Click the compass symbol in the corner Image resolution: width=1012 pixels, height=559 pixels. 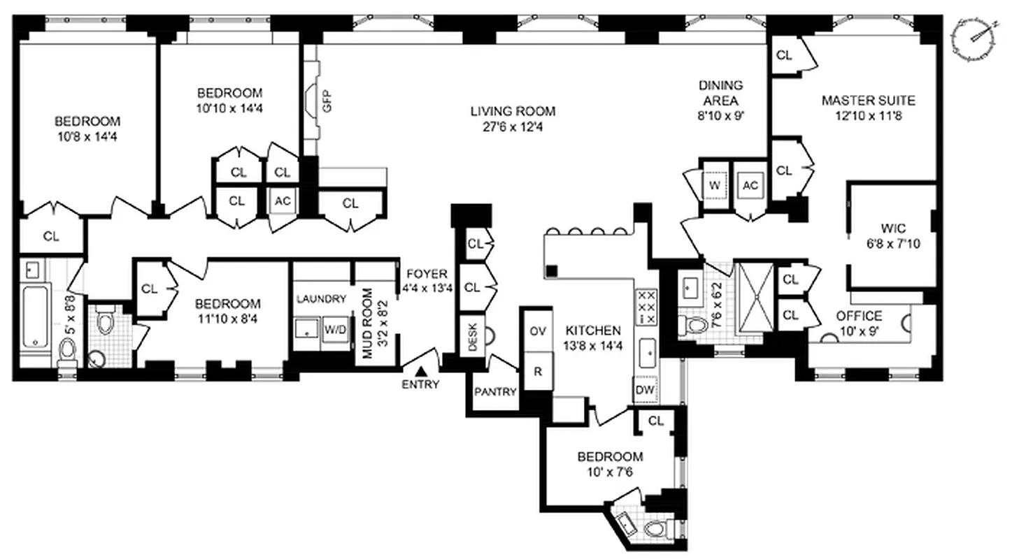pos(974,40)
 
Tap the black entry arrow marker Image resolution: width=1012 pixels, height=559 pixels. pos(421,372)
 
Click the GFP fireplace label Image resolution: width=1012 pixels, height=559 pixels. pos(327,102)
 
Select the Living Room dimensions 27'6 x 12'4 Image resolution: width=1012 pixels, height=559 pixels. pos(513,127)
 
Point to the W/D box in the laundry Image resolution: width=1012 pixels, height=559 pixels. pos(334,330)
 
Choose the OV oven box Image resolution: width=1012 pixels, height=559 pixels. pos(537,330)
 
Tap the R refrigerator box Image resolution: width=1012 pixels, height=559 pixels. pos(537,372)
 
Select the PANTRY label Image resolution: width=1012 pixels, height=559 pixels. pos(494,392)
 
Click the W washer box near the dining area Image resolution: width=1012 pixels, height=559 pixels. pos(715,185)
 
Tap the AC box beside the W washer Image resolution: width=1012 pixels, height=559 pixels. pos(750,185)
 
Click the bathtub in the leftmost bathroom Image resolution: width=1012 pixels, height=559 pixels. pos(35,317)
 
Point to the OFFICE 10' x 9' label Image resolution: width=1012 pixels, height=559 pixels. pos(859,323)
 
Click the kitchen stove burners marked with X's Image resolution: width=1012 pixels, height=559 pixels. pos(646,307)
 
